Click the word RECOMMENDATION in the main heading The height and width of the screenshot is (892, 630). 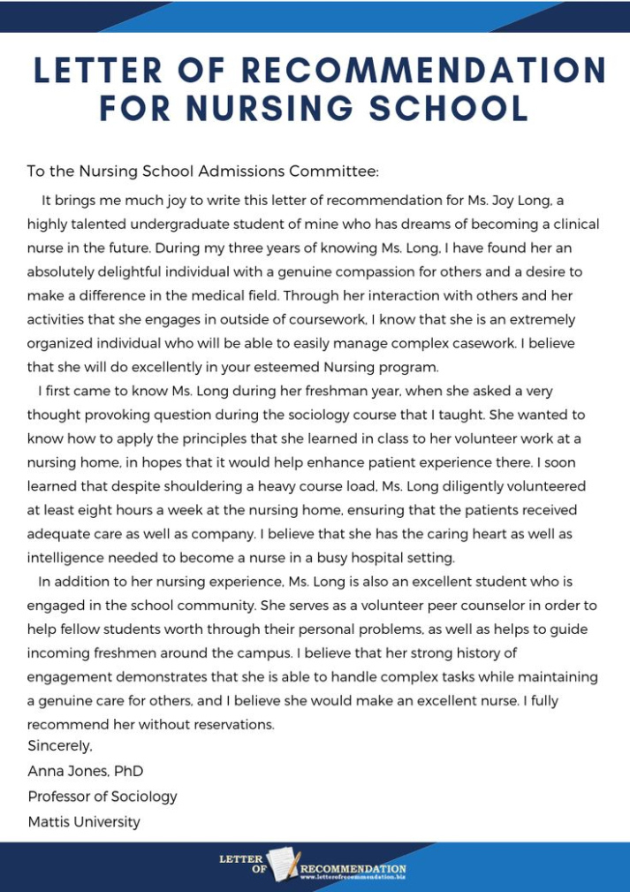[423, 71]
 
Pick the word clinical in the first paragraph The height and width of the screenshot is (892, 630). [568, 225]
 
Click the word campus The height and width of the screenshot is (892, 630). [259, 653]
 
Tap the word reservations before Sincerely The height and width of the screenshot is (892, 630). [232, 725]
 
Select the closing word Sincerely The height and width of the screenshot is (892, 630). [60, 746]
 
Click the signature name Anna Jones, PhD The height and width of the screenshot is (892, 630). [86, 771]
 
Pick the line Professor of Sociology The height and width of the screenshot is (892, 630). [102, 797]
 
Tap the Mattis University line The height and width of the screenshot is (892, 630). [84, 822]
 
